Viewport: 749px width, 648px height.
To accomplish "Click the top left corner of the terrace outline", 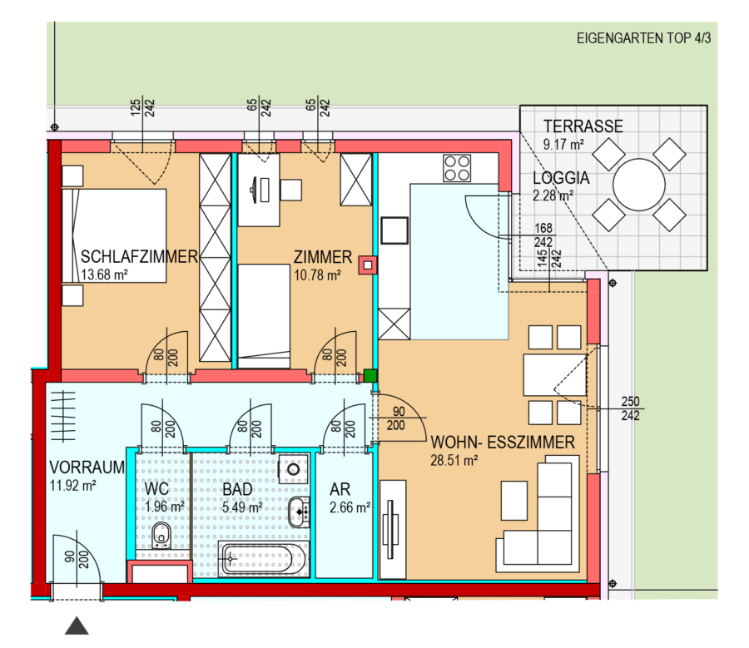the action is [x=520, y=106].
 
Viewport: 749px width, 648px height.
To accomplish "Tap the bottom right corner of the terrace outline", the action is [x=707, y=270].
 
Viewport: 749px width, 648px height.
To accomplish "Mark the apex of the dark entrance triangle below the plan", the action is [x=77, y=617].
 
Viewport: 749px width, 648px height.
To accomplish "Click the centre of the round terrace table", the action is [x=639, y=185].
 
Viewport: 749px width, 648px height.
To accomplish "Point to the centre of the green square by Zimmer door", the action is [x=370, y=375].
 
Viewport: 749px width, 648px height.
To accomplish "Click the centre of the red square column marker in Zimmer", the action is [x=367, y=265].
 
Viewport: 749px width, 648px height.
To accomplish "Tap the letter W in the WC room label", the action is [x=151, y=489].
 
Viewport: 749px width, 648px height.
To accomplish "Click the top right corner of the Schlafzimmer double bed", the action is [x=166, y=189].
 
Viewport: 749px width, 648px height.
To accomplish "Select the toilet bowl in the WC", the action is [x=161, y=535].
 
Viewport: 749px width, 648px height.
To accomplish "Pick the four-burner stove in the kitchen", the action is [x=457, y=168].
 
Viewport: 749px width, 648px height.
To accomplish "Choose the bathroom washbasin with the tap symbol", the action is [x=299, y=512].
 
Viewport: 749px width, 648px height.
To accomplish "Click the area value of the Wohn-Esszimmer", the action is [x=454, y=461].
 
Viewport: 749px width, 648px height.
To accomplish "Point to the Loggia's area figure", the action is [x=553, y=195].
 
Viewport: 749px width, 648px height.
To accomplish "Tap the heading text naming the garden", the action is [x=643, y=38].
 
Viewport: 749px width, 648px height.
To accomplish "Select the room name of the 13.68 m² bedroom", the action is [x=139, y=257].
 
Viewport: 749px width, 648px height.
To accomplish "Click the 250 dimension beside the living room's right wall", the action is [x=630, y=401].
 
